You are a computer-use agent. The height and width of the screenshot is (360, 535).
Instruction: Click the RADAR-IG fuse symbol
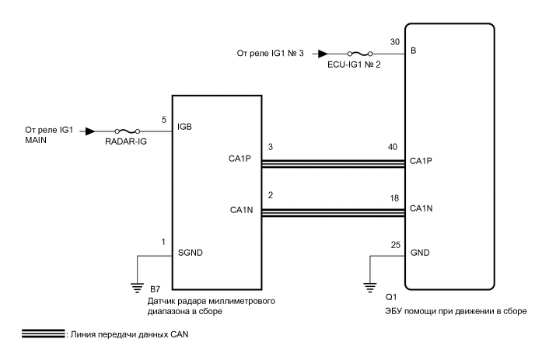128,131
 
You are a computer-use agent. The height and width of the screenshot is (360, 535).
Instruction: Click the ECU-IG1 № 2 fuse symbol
360,54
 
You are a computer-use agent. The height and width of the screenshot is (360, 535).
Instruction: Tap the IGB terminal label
184,127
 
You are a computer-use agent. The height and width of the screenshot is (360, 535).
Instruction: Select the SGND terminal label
190,253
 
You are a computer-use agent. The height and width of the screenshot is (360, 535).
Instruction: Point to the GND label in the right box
420,253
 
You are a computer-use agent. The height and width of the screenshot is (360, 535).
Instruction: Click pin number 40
393,147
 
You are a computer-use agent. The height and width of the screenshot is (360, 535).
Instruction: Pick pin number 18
394,198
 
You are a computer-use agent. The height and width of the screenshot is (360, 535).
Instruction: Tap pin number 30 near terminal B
395,42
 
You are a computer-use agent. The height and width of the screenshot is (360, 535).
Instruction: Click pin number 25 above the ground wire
396,245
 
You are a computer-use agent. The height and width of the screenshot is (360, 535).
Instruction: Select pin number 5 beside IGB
164,120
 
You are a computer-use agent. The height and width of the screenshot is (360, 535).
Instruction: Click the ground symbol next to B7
137,288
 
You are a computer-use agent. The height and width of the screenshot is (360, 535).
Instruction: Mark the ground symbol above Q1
370,288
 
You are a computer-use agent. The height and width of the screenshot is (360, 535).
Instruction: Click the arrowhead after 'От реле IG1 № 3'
323,54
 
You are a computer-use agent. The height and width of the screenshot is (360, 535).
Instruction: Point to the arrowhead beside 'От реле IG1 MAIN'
90,131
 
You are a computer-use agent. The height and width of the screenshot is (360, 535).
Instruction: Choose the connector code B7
155,289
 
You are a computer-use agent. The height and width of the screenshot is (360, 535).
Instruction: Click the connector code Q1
391,297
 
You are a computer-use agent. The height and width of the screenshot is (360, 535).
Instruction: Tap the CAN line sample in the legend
43,334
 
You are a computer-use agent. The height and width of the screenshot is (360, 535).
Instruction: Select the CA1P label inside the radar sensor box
240,159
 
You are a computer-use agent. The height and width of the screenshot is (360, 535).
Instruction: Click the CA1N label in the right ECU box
421,208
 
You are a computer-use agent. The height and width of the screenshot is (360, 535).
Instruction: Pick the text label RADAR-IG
126,142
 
